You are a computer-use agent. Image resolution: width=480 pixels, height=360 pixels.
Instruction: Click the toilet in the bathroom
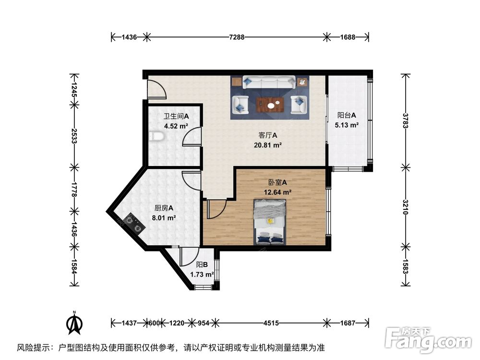tap(156, 137)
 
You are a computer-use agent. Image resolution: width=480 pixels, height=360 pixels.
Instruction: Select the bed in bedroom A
tap(270, 221)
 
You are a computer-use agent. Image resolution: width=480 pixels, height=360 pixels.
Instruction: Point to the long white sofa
tap(269, 82)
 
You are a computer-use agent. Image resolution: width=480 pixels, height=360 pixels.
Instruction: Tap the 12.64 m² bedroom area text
tap(277, 192)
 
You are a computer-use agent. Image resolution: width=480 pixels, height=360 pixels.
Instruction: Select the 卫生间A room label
tap(176, 117)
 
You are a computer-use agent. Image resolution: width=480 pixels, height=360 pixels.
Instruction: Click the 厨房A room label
tap(163, 208)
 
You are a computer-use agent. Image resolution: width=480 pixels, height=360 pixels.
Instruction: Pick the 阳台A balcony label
tap(347, 115)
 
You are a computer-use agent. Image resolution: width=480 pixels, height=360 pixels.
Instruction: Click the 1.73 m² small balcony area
tap(202, 275)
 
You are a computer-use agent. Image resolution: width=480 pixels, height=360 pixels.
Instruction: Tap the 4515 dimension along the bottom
tap(271, 323)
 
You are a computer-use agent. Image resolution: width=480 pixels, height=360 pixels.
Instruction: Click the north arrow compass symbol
tap(74, 324)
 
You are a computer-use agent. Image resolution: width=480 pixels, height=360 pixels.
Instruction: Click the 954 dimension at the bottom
tap(204, 323)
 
